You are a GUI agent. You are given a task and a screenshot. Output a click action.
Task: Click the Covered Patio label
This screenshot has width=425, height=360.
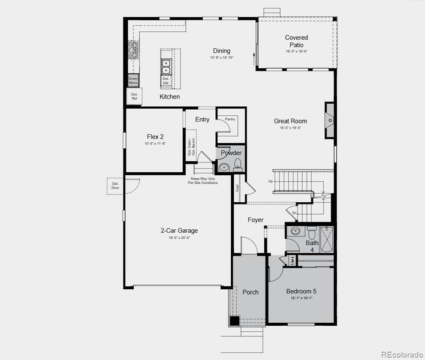coord(296,41)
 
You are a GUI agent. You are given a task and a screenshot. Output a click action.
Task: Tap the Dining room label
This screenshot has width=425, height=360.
coord(221,51)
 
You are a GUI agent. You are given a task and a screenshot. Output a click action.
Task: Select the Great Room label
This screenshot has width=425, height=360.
coord(290,121)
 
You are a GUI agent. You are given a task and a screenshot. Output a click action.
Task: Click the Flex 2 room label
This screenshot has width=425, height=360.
coord(155,137)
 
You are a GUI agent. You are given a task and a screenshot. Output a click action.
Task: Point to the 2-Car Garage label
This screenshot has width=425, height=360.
coord(179,230)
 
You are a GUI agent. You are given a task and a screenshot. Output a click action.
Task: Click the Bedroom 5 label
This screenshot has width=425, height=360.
coord(300,292)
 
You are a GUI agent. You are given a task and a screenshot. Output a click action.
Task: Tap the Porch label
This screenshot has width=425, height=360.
coord(251,292)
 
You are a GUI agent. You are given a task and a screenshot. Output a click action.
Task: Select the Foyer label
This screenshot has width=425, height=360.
coord(255,220)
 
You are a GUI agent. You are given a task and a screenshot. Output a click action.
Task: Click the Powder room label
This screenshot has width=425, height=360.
coord(231,153)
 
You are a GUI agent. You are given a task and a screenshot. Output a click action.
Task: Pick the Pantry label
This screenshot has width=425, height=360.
coord(230,120)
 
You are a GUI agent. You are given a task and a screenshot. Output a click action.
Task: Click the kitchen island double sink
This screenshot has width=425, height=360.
coord(166,65)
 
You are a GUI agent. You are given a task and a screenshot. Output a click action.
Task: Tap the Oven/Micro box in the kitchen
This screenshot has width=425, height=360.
coord(133,81)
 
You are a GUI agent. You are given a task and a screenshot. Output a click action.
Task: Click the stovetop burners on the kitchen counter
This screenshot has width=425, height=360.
coord(132,50)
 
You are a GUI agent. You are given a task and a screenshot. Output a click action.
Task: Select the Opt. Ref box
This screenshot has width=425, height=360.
coord(134,96)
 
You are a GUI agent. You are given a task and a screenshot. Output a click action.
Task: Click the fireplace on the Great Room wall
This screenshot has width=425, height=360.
coord(330,121)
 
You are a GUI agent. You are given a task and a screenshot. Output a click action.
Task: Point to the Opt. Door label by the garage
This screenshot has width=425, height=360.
coord(115,185)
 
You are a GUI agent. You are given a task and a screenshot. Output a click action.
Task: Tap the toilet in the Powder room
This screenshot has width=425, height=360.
coord(237,164)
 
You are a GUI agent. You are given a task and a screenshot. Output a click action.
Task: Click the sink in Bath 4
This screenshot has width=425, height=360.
coord(295,230)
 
